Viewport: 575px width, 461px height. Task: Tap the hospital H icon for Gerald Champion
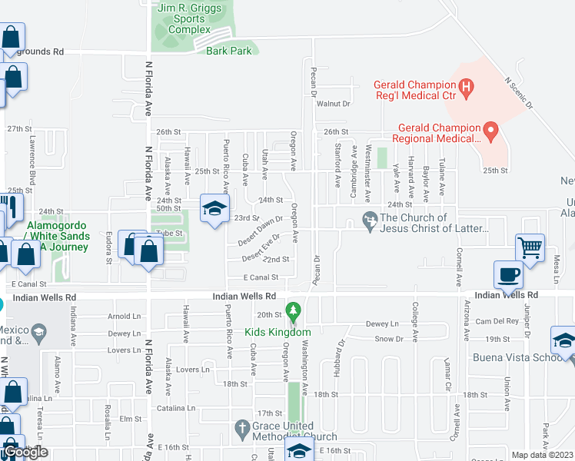[465, 88]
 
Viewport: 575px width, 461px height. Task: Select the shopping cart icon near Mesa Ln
[530, 247]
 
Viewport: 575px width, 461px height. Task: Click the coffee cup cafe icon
[509, 274]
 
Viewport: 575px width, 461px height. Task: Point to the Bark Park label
[229, 51]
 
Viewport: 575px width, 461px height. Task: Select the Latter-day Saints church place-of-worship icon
[370, 221]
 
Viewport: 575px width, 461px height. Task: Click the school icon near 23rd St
[214, 207]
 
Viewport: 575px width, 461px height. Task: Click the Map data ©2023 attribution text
[542, 455]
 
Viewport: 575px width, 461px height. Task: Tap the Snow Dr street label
[389, 339]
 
